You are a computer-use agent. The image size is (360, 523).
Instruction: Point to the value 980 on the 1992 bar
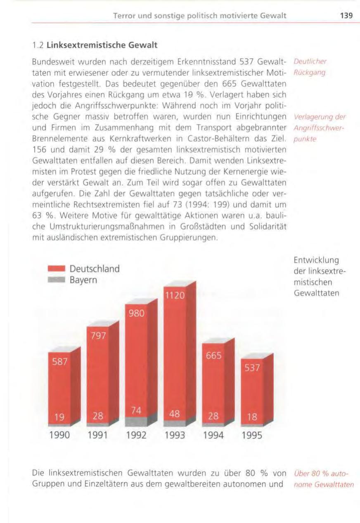[x=135, y=313]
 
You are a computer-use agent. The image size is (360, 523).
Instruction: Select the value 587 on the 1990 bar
[x=59, y=362]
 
